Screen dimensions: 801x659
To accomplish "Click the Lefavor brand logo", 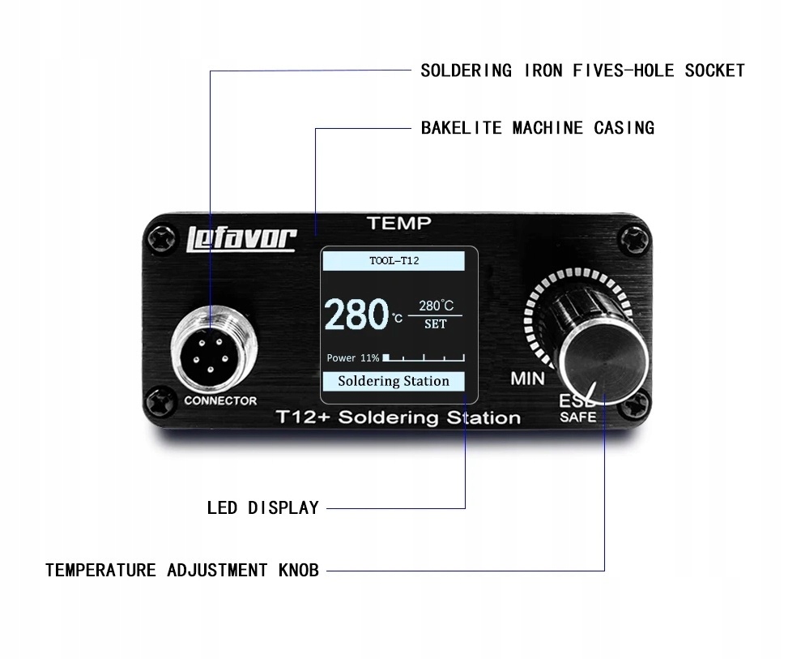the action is [x=242, y=238].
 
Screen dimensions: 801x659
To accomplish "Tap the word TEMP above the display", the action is [x=398, y=223].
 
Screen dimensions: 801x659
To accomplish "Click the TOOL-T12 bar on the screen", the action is [x=394, y=261].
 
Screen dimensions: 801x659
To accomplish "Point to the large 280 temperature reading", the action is [x=357, y=315].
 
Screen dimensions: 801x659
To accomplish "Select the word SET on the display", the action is [x=436, y=324].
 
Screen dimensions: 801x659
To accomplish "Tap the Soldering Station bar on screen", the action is [x=393, y=381].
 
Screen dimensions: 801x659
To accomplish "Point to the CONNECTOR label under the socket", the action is [x=220, y=400].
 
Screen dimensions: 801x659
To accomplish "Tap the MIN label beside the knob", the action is [x=527, y=378].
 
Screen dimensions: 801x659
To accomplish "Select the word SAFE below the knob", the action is [x=577, y=417].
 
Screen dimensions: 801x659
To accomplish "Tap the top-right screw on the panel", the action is [x=633, y=238].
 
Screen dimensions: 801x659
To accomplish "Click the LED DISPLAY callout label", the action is [x=262, y=508].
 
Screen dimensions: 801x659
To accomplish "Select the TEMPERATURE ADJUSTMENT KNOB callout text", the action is [x=182, y=570].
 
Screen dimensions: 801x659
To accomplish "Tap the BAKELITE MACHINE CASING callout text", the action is [x=537, y=128].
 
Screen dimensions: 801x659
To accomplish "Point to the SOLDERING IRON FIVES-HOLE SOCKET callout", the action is [x=582, y=71].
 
